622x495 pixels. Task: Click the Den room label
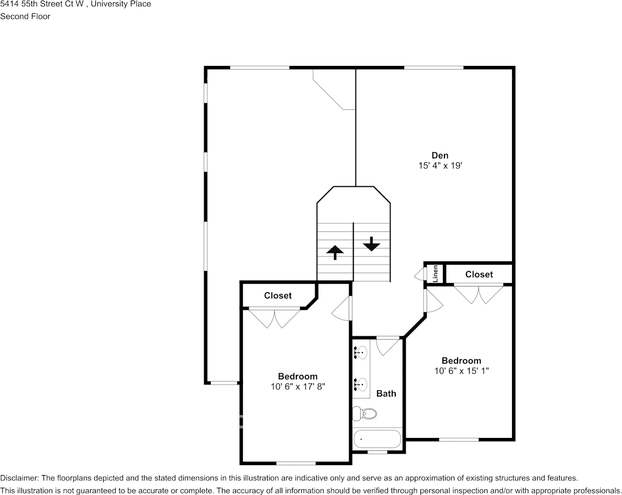point(440,155)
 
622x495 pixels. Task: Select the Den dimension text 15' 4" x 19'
point(440,166)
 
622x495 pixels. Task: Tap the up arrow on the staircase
point(335,252)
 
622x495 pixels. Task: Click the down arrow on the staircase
point(371,244)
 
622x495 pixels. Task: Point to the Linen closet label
point(435,274)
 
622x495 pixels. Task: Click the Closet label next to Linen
point(479,274)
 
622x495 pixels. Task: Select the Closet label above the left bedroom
point(277,296)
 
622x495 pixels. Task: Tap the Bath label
point(386,393)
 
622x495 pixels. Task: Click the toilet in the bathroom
point(365,413)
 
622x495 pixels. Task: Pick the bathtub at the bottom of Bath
point(377,438)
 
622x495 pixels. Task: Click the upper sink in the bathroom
point(360,354)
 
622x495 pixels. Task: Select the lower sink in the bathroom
point(360,385)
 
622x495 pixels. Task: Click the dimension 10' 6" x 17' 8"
point(297,387)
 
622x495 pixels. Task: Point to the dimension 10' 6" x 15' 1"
point(461,371)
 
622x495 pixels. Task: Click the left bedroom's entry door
point(342,309)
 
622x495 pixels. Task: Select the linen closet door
point(420,274)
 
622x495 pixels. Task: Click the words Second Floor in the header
point(25,16)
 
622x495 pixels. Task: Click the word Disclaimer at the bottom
point(19,478)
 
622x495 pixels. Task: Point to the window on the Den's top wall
point(434,67)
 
